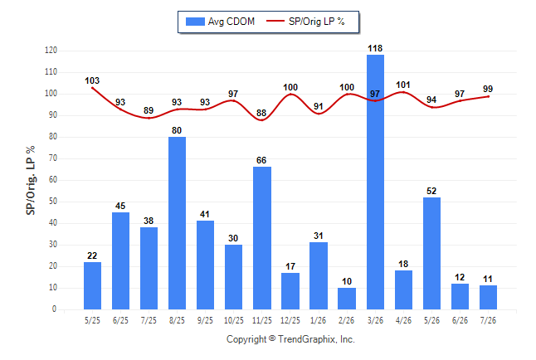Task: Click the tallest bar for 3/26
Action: pos(375,182)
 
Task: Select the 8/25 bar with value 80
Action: pos(177,223)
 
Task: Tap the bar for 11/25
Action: pos(262,238)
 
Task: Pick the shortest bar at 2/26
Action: pos(347,299)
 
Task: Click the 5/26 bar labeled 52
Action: pos(431,253)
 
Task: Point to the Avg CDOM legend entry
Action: pos(220,22)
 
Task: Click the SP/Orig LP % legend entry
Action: pos(305,22)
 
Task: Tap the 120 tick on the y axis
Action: pos(51,51)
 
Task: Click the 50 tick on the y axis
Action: pos(53,202)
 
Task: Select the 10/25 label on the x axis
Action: pos(234,320)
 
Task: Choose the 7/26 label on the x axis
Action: pos(488,320)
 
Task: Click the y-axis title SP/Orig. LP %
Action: pos(31,180)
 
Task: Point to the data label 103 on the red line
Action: pos(92,80)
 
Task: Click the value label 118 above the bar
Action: pos(375,49)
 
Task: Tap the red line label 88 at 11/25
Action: pos(261,113)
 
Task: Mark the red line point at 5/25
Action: pos(92,88)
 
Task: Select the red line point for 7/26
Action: pos(488,96)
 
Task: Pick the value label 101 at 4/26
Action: pos(403,85)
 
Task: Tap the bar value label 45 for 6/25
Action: pos(120,206)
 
